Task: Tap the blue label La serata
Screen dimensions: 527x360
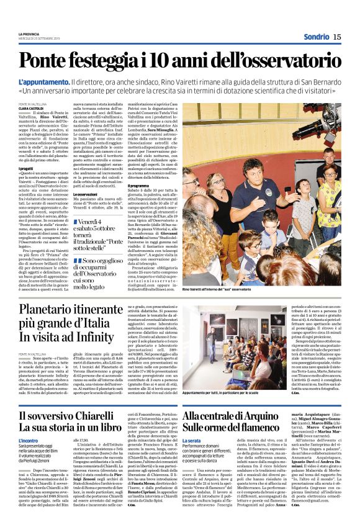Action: coord(192,440)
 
